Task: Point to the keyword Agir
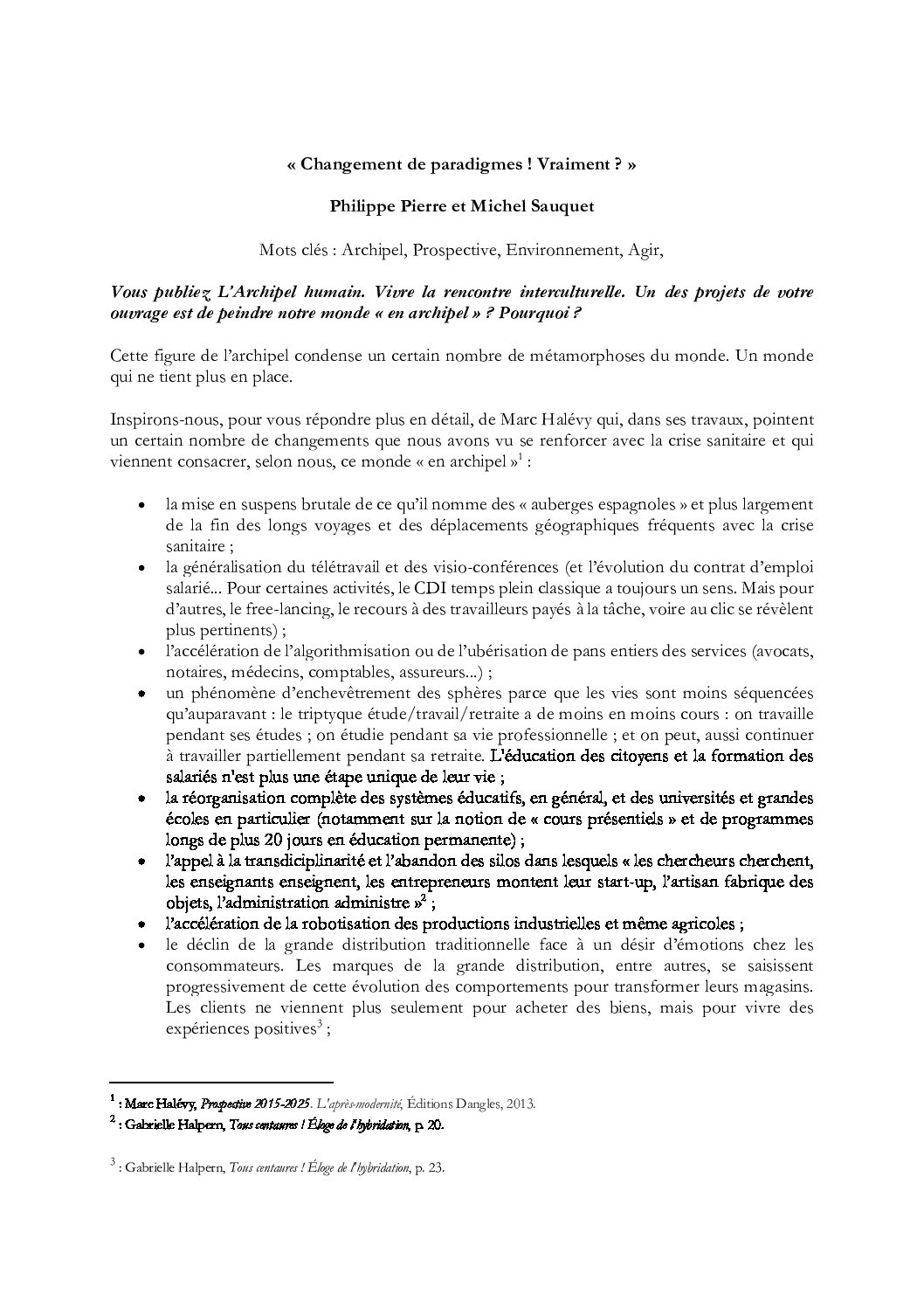coord(645,250)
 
